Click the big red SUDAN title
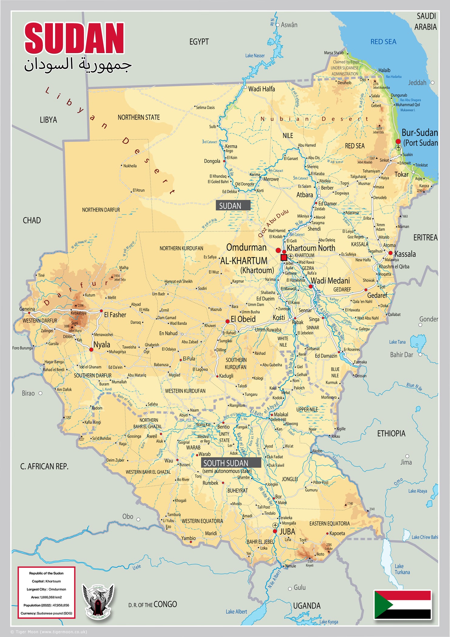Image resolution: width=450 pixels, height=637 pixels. (74, 39)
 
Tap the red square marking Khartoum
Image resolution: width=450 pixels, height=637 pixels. (284, 258)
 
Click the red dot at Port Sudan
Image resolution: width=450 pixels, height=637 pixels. (398, 141)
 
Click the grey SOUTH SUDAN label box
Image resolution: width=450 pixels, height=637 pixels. (231, 463)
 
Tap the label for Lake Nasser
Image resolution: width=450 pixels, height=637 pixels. (255, 56)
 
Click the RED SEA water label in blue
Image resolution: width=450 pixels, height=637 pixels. (383, 42)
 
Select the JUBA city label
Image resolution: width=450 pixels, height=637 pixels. (287, 532)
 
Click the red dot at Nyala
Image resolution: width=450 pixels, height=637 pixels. (91, 349)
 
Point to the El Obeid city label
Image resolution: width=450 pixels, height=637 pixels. (243, 319)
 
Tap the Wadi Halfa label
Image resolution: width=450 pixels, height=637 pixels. (262, 89)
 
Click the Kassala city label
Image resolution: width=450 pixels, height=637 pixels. (405, 254)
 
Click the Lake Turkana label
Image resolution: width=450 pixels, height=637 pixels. (402, 569)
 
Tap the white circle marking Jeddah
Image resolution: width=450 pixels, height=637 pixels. (433, 83)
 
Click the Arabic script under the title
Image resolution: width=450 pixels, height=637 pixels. (78, 65)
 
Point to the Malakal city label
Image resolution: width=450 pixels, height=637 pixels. (281, 414)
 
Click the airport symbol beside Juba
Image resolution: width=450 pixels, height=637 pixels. (275, 525)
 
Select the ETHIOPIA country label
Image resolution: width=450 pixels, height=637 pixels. (391, 433)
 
